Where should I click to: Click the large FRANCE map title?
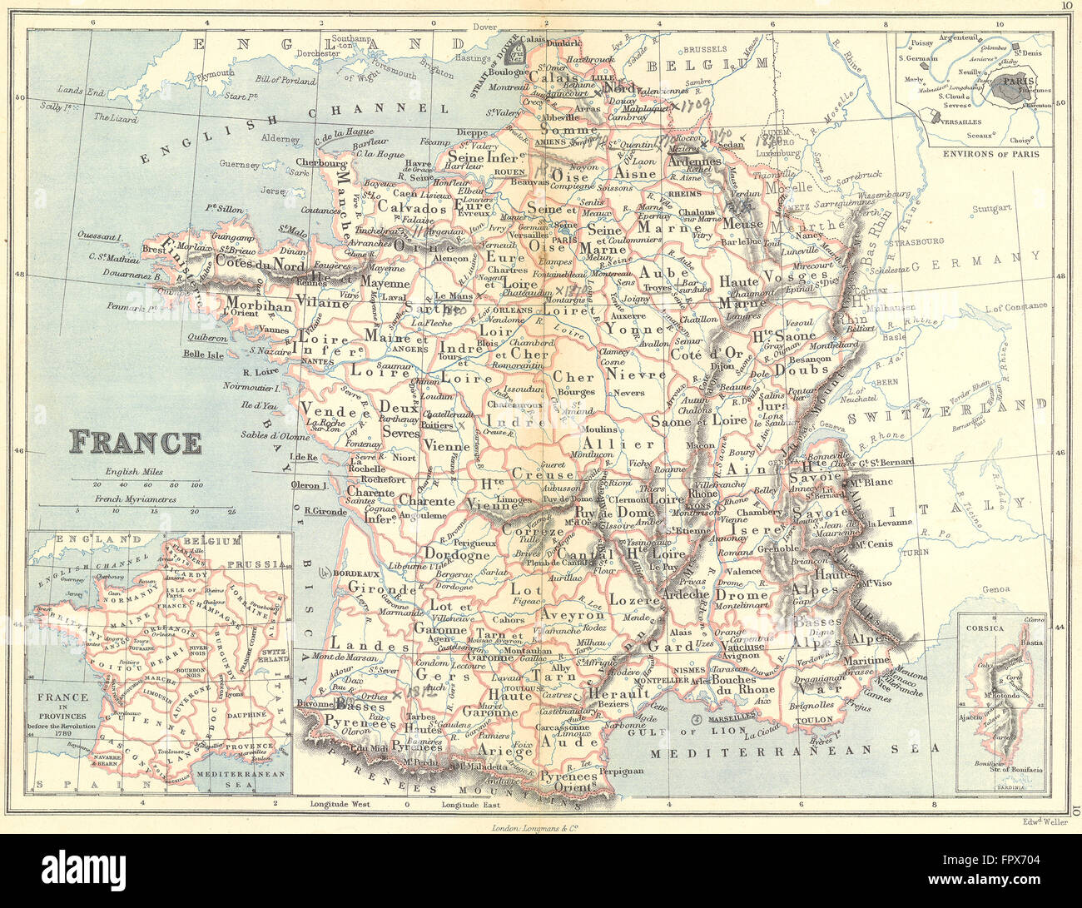135,442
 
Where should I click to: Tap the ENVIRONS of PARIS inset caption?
974,154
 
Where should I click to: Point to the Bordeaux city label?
355,573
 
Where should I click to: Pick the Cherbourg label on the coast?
321,163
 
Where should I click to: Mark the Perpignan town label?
621,771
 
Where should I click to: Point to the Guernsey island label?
239,164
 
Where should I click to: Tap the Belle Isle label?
203,354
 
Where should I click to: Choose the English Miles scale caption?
134,471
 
